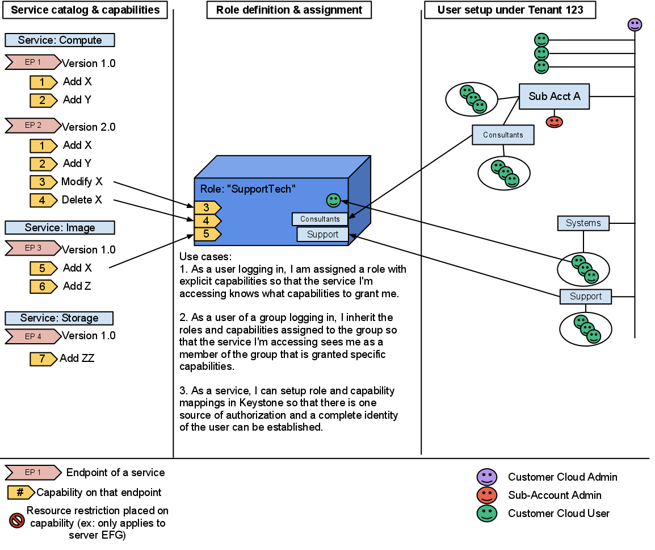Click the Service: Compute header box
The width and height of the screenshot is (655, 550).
point(60,40)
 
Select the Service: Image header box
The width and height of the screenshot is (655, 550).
point(60,228)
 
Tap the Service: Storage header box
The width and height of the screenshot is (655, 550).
point(59,318)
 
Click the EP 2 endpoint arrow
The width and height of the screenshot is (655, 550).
point(33,126)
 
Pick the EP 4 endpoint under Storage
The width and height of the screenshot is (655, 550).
point(33,337)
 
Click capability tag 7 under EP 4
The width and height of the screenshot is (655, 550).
point(43,359)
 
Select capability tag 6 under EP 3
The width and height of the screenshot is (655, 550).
point(43,287)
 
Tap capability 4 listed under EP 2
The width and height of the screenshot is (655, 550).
point(43,201)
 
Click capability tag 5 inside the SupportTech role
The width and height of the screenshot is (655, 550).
point(207,234)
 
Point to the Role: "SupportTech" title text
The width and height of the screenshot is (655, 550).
point(248,189)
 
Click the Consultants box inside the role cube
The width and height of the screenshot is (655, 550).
point(320,219)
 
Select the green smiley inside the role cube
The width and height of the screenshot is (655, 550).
point(333,200)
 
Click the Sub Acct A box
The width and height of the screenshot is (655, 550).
point(554,97)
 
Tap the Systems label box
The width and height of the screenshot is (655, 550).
point(583,223)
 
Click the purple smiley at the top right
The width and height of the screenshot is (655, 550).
point(635,25)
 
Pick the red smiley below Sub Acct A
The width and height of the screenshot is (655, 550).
point(554,122)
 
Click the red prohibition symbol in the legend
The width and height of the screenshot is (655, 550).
point(17,520)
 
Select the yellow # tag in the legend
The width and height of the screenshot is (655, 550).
point(20,493)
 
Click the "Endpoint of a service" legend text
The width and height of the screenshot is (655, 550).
point(115,473)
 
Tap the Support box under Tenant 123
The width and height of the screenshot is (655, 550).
point(585,297)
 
